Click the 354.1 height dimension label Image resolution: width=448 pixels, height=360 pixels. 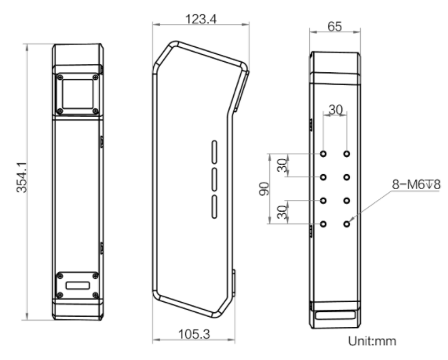point(22,177)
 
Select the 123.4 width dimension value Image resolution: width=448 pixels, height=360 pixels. point(201,19)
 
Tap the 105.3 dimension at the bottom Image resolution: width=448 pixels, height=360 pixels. point(195,334)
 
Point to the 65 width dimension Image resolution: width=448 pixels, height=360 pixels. point(334,27)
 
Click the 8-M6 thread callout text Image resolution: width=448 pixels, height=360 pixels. point(417,184)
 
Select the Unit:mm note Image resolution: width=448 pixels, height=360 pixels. point(372,341)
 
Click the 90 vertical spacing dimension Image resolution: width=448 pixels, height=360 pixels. point(264,188)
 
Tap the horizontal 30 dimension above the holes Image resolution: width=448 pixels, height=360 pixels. point(336,110)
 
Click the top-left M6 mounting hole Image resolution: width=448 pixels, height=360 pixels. point(323,154)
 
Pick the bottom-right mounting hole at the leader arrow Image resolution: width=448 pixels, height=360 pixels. point(347,224)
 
